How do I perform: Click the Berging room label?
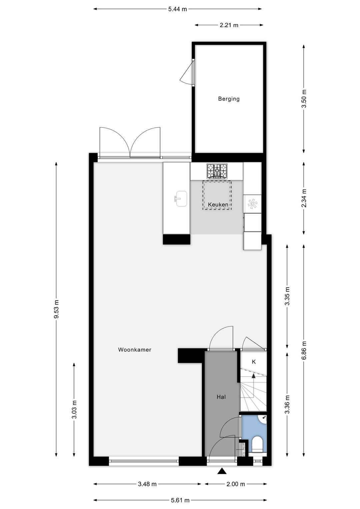coord(229,99)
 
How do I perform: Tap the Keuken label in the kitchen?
coord(218,204)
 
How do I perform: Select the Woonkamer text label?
coord(135,350)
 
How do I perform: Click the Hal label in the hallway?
coord(221,397)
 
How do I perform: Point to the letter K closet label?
coord(254,362)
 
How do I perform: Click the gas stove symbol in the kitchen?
coord(217,171)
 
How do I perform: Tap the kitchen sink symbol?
coord(181,199)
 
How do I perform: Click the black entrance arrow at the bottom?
coord(222,471)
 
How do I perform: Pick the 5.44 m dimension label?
coord(177,9)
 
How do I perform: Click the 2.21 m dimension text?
coord(229,25)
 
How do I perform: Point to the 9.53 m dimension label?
coord(56,309)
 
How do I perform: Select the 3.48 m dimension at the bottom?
coord(147,484)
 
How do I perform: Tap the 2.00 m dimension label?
coord(236,484)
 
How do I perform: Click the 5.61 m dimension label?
coord(180,500)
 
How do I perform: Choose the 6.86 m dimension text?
coord(304,350)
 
